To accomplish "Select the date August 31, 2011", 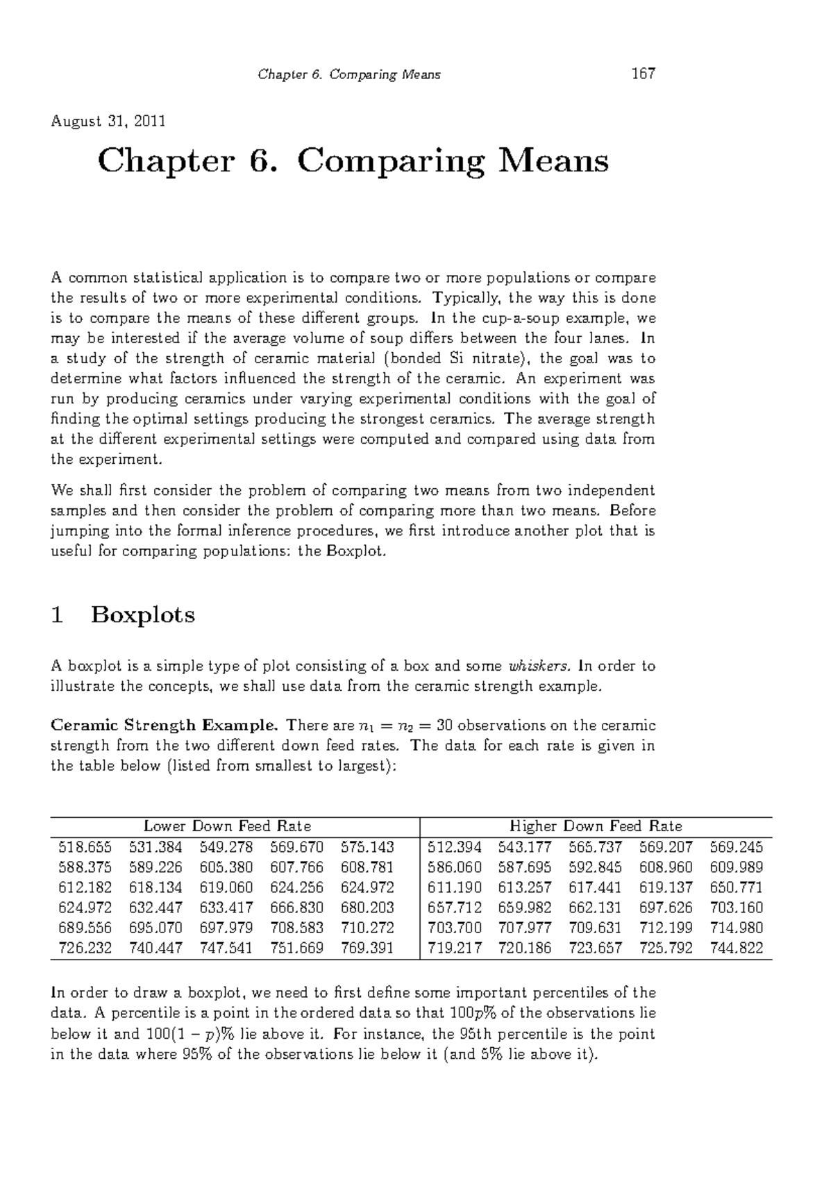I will pos(108,122).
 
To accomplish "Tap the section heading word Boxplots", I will pos(142,615).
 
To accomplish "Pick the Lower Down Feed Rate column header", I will pos(227,826).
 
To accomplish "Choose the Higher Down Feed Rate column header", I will pos(596,826).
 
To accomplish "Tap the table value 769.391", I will pos(368,948).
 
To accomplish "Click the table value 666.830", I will pos(297,908).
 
